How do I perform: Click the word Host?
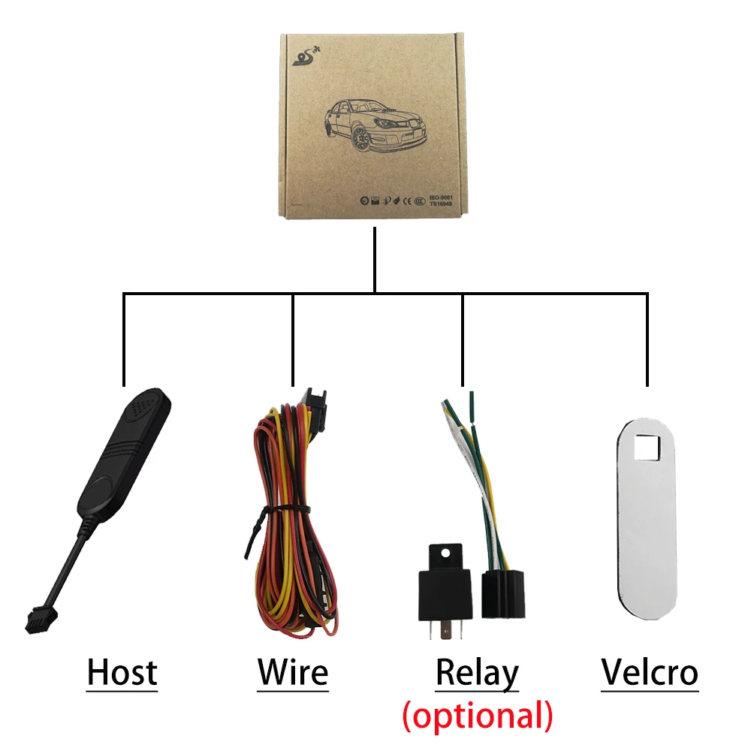[122, 672]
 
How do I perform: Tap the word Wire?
[293, 672]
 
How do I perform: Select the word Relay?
[477, 674]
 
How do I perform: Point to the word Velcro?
[650, 672]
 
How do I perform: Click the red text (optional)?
[478, 716]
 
